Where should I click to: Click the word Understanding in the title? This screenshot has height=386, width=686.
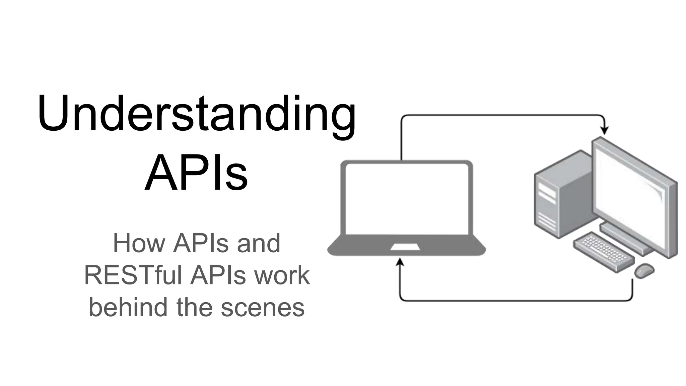coord(197,114)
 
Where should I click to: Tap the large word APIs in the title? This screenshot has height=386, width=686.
coord(197,173)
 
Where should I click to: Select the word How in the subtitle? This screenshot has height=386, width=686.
coord(139,244)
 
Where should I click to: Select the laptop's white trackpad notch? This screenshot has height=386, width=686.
coord(405,247)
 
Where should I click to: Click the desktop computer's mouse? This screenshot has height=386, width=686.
coord(644,270)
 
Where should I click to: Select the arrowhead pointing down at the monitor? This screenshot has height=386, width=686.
coord(605,131)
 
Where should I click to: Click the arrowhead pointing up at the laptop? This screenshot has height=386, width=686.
coord(400,262)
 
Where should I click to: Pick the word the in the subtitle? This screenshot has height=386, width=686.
coord(194,308)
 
